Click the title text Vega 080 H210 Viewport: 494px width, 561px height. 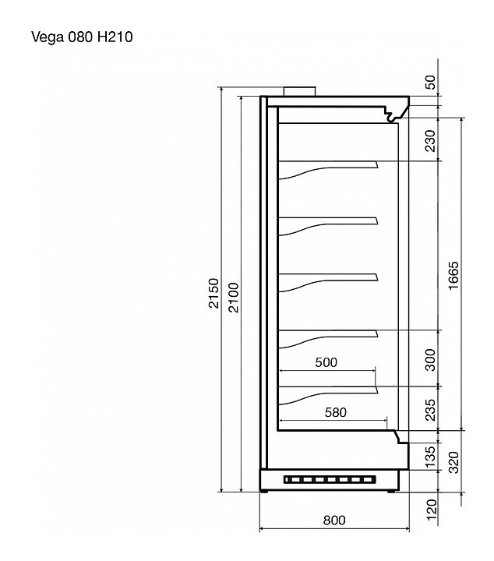82,37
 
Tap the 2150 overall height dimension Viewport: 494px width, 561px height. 213,293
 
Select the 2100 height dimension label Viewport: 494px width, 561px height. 234,298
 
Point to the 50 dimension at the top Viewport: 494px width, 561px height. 432,83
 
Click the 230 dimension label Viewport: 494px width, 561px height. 432,141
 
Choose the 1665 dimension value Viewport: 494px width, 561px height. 453,276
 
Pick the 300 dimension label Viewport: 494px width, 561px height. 432,360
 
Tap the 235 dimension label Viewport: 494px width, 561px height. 432,410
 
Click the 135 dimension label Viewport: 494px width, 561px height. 432,456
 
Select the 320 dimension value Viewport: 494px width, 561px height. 453,462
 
